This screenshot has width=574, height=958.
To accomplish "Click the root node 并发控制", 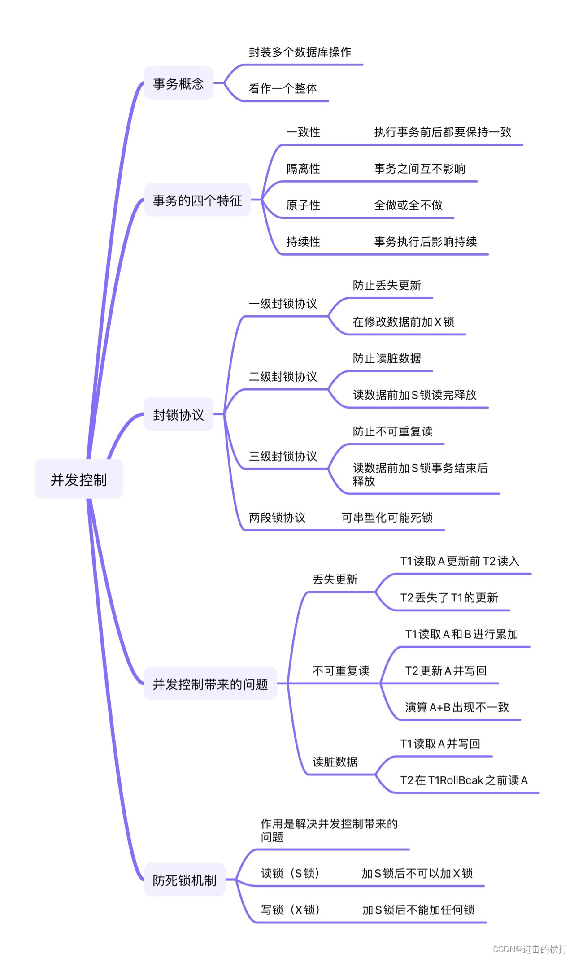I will tap(79, 479).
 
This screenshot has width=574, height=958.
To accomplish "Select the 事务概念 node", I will tap(178, 83).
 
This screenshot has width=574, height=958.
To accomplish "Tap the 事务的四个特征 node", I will tap(197, 200).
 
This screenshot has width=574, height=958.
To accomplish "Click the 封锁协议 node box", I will tap(178, 415).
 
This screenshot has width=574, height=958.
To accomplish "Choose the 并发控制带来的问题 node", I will tap(210, 684).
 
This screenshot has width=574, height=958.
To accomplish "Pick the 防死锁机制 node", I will tap(184, 880).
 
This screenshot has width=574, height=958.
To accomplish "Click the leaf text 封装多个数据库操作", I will tap(300, 52).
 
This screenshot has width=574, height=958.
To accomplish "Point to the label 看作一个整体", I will tap(283, 88).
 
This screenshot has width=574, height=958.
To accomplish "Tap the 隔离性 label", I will tap(303, 169).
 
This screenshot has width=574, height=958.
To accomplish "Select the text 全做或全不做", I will tap(408, 205).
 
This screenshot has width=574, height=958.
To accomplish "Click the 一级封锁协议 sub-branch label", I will tap(283, 304).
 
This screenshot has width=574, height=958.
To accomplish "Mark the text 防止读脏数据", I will tap(387, 358).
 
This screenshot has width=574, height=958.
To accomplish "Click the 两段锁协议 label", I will tap(277, 518).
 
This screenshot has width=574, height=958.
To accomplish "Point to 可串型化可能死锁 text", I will tap(387, 518).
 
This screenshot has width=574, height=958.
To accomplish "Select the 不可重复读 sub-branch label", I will tap(341, 671).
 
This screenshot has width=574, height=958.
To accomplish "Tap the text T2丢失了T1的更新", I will tap(449, 597).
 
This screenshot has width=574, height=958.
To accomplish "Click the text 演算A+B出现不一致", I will tap(457, 707).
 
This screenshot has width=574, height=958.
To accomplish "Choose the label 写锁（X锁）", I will tap(290, 910).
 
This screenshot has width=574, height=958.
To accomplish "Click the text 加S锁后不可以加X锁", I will tap(417, 873).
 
